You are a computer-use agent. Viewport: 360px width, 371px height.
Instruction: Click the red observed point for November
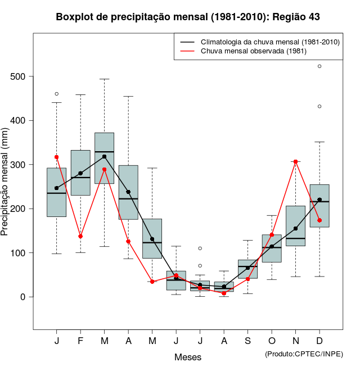coord(295,161)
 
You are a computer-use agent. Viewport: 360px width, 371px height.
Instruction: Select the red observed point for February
coord(80,236)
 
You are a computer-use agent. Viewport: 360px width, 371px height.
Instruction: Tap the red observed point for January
coord(56,157)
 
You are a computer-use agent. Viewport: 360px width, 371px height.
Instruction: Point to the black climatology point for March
coord(104,156)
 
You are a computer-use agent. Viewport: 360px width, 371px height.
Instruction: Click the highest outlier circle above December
coord(319,66)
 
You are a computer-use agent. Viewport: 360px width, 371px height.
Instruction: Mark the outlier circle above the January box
coord(56,94)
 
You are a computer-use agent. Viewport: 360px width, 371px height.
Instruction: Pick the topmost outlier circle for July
coord(200,248)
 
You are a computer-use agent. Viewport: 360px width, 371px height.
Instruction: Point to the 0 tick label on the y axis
coord(23,297)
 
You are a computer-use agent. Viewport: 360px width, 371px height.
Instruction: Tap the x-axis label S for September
coord(247,341)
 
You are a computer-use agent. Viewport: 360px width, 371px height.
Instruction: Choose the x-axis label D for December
coord(319,341)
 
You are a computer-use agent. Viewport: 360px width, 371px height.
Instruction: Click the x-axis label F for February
coord(80,341)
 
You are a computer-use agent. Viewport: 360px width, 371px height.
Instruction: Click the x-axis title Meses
coord(188,357)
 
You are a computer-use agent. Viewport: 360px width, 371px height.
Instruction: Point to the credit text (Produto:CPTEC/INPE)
coord(304,354)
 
